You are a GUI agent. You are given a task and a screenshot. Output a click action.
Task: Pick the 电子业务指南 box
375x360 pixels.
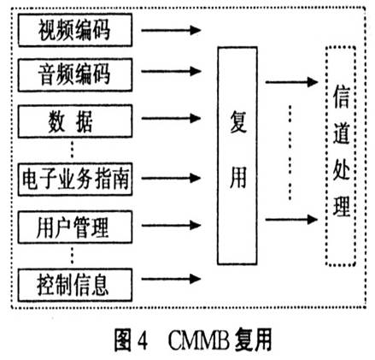pos(75,180)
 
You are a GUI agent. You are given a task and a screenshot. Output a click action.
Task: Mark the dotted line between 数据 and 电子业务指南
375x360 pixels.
pos(75,150)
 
